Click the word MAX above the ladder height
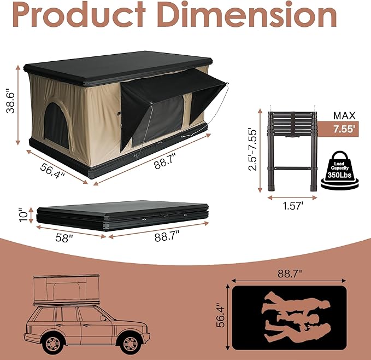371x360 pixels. (x=344, y=115)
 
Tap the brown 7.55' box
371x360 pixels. (x=343, y=130)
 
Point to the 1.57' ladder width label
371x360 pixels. (x=292, y=206)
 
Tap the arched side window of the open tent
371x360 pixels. (x=57, y=125)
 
